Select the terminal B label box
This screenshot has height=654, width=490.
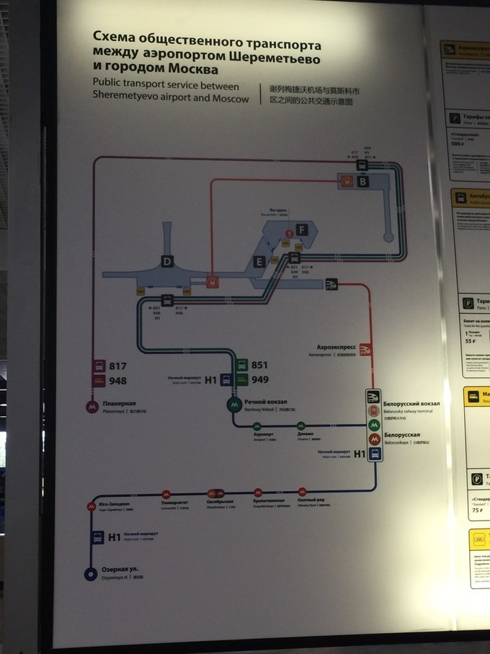click(362, 182)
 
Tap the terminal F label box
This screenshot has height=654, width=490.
click(303, 229)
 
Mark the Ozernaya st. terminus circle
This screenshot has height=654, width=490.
click(90, 573)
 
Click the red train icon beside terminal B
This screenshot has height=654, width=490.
click(347, 182)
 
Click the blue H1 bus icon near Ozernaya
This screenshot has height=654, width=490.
click(96, 537)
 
